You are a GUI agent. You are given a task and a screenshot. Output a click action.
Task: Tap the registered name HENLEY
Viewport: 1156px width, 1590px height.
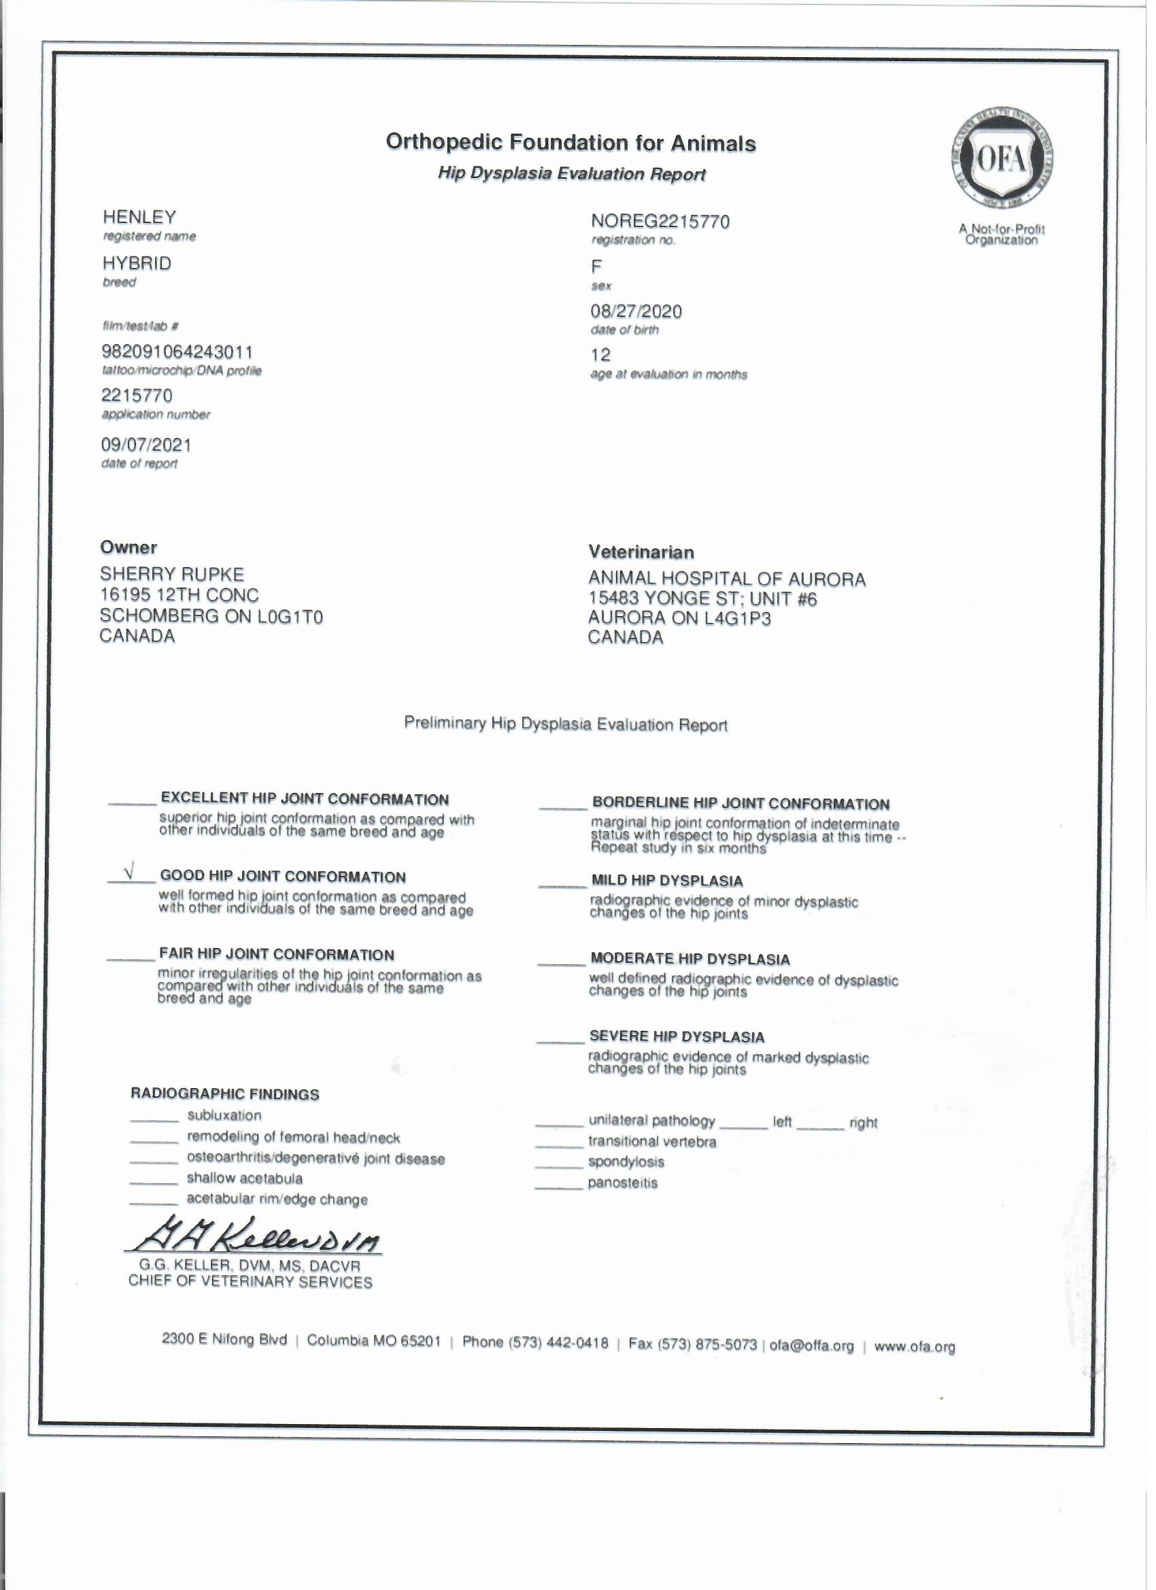(x=139, y=218)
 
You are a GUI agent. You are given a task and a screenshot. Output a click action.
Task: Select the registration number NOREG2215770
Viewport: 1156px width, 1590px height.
(x=660, y=222)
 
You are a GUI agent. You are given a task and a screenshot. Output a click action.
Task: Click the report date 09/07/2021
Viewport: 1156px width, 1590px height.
(x=146, y=445)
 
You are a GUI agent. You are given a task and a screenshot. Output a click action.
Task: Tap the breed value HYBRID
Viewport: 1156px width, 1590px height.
(x=137, y=264)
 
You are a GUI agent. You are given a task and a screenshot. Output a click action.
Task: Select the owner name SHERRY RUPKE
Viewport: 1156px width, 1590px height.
(x=172, y=575)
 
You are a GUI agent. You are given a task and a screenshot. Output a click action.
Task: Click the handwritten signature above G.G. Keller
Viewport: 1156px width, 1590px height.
(x=253, y=1242)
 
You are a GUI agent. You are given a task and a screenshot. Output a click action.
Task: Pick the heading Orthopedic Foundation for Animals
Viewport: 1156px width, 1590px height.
(x=571, y=143)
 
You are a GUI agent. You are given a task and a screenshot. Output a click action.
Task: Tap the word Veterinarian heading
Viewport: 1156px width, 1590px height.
(x=641, y=552)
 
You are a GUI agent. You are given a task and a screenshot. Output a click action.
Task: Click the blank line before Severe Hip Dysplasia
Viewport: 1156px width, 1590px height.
(x=560, y=1043)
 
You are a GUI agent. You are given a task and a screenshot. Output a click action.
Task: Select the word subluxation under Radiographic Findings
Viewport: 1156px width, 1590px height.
(x=224, y=1115)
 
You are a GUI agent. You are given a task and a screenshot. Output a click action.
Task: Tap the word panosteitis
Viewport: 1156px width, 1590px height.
(x=622, y=1183)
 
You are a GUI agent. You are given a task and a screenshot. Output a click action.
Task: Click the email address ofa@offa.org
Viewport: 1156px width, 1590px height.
(x=812, y=1346)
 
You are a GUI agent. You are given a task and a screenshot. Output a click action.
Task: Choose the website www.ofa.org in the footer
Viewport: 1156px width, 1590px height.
(x=915, y=1347)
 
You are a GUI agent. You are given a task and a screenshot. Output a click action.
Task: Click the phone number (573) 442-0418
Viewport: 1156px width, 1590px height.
(x=535, y=1342)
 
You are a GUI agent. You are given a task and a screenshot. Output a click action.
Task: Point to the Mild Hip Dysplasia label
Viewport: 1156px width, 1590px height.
(x=666, y=881)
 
